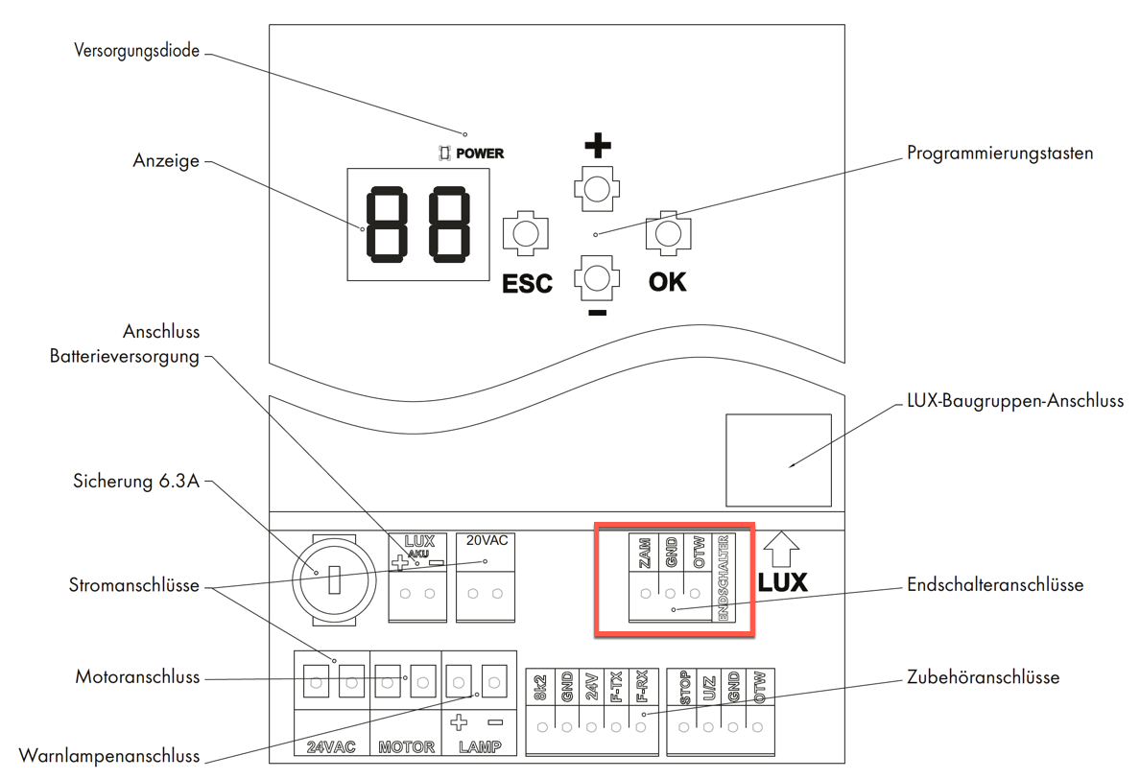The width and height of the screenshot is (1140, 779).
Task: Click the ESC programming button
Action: (526, 234)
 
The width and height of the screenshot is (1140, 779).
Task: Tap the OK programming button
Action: (668, 234)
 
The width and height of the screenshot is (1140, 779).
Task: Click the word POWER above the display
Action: (480, 153)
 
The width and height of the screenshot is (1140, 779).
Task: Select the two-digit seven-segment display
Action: (418, 224)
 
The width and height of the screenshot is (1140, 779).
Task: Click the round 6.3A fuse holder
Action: (335, 579)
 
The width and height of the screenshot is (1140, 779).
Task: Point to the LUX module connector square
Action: (778, 460)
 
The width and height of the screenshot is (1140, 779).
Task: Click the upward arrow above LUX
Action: (782, 549)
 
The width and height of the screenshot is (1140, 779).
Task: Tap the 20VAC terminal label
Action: (487, 541)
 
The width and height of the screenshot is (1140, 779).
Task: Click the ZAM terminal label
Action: (644, 553)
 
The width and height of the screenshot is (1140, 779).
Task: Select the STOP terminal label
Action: (685, 688)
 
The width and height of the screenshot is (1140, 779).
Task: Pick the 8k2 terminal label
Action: (541, 688)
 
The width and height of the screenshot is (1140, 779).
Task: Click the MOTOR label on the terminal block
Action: (407, 746)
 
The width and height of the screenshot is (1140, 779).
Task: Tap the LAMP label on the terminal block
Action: (480, 746)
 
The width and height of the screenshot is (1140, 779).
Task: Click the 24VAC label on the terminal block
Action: (331, 746)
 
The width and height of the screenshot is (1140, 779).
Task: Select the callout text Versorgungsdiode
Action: (136, 51)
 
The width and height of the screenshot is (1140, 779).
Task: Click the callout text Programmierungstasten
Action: (1001, 153)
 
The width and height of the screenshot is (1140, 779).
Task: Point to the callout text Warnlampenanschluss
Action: (109, 756)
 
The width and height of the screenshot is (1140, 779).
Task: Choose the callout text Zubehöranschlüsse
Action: (983, 677)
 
